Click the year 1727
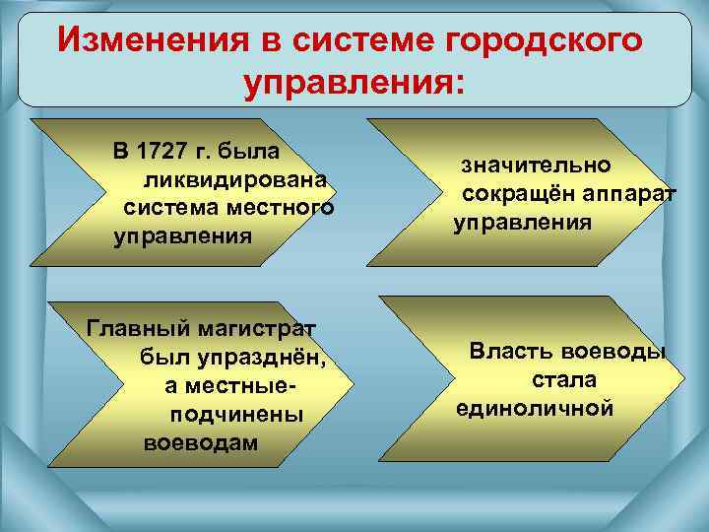(x=162, y=152)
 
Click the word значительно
(x=538, y=166)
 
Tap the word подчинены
(x=236, y=414)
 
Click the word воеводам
(x=201, y=442)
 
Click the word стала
(x=564, y=379)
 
